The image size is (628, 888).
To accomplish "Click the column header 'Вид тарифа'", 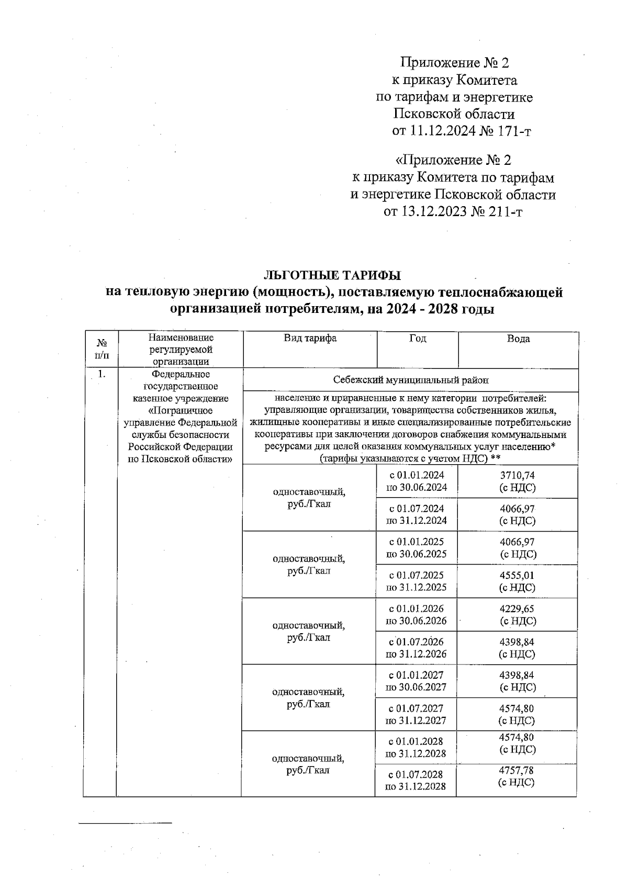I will (x=310, y=339).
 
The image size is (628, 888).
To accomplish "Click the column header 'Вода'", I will (x=518, y=339).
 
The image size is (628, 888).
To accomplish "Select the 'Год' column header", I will (x=417, y=339).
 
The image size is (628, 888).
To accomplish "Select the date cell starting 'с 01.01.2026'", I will (x=416, y=614).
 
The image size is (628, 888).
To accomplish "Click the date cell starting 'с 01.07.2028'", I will (x=416, y=780).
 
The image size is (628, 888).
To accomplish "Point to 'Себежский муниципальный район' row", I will (x=411, y=380).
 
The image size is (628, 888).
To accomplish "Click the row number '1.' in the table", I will (x=103, y=375).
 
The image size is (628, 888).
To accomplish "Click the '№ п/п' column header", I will (x=103, y=349).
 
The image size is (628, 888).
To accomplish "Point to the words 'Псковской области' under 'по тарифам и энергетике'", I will (x=454, y=114).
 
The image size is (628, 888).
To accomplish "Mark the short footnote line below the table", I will (x=125, y=824).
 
